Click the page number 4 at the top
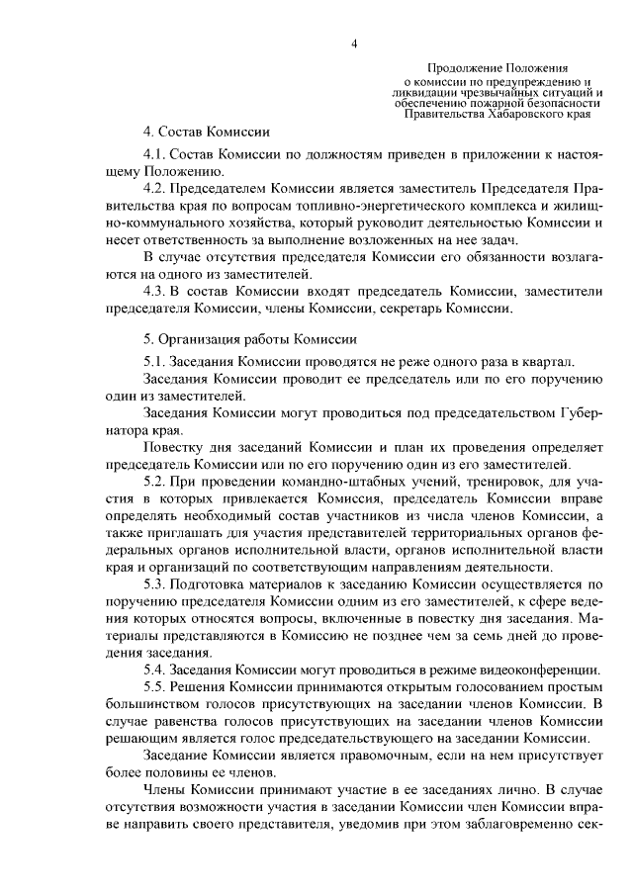(x=353, y=44)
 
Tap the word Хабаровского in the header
(x=515, y=114)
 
